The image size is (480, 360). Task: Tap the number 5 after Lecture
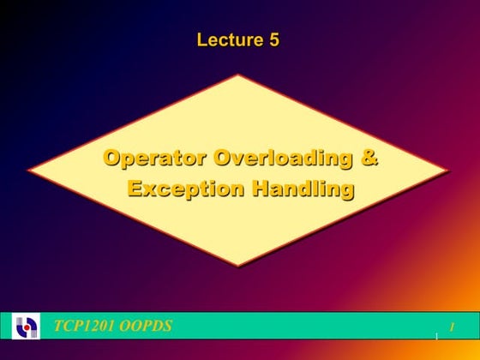(273, 39)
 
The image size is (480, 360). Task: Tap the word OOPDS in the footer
(147, 326)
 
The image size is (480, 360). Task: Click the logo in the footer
(27, 327)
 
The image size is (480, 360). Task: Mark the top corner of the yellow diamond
(237, 75)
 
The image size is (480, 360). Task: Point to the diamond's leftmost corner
(27, 170)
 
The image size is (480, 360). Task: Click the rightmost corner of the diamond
(449, 170)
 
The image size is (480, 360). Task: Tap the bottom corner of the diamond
(237, 267)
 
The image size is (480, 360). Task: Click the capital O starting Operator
(111, 159)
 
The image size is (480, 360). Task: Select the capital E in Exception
(135, 188)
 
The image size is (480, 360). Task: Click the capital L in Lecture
(202, 39)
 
